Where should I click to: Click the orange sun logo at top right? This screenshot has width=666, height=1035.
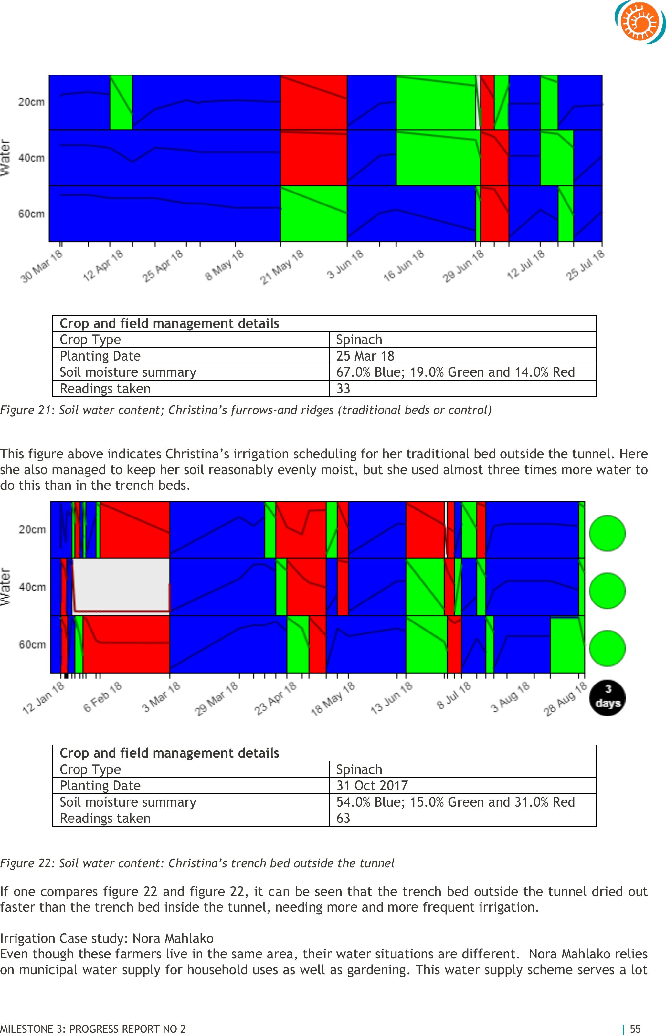640,22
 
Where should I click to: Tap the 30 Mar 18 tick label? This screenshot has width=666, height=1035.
42,266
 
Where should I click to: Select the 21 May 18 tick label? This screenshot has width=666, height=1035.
281,267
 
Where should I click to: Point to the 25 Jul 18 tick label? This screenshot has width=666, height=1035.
585,265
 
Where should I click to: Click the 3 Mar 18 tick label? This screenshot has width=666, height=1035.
161,696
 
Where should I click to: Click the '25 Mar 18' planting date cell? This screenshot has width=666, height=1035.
463,356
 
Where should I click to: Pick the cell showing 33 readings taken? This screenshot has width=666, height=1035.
463,388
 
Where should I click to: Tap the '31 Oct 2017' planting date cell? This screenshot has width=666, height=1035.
463,786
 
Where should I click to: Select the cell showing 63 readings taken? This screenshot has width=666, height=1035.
463,818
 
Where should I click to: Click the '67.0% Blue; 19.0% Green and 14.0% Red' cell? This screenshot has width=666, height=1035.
463,372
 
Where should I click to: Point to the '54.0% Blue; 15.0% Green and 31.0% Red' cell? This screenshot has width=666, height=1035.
463,802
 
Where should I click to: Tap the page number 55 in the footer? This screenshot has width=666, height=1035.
635,1029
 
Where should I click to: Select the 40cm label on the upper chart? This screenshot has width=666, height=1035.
31,158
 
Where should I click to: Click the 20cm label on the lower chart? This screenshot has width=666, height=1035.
32,529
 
